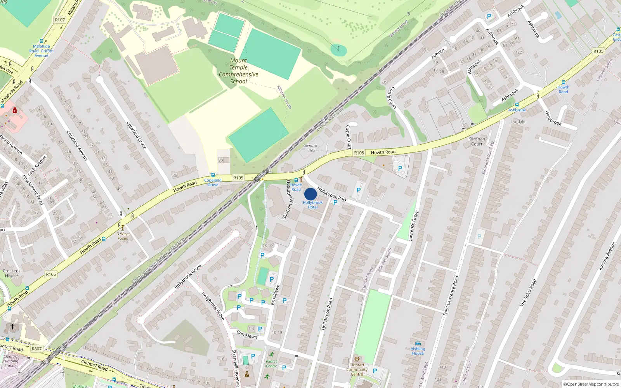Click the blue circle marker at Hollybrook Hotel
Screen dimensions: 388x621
click(310, 194)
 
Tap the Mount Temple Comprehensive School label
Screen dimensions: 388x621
click(238, 71)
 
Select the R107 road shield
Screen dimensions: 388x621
click(60, 20)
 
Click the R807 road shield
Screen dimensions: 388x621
click(36, 349)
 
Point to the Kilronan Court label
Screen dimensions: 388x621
click(477, 141)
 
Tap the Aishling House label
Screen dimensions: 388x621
click(418, 351)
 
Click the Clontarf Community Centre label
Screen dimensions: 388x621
click(357, 369)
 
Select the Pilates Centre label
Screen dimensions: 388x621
click(272, 364)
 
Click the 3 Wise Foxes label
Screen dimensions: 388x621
click(123, 236)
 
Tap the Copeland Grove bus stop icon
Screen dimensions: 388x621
click(213, 175)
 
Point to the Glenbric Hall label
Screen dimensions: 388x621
click(310, 148)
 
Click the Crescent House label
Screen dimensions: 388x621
click(12, 274)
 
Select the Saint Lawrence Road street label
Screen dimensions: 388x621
click(451, 295)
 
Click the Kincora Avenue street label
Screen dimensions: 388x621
click(607, 256)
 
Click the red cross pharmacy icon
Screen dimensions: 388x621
click(15, 111)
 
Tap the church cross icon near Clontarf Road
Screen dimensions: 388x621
click(12, 327)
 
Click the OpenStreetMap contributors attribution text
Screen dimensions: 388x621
click(591, 384)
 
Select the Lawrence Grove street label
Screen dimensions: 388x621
click(413, 226)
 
